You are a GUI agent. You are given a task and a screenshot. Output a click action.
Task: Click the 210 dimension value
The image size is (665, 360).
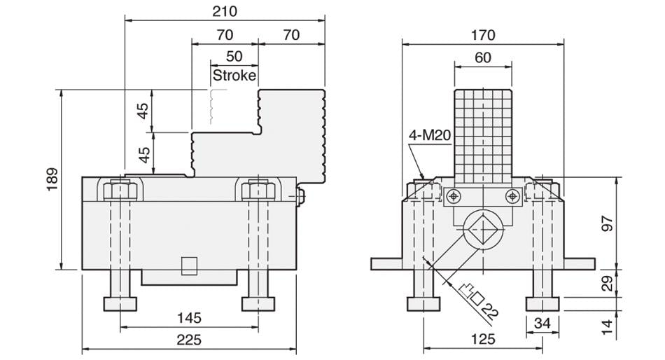pos(225,11)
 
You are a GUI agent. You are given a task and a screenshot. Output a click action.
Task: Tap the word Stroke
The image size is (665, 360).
pos(234,75)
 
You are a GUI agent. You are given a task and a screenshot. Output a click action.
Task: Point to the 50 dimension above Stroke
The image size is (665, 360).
pos(234,56)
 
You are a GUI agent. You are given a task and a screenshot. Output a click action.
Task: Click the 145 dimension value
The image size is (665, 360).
pos(188,318)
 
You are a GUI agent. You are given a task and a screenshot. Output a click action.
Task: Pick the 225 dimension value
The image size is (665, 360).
pos(188,340)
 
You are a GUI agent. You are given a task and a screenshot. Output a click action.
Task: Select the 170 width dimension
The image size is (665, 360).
pos(482,34)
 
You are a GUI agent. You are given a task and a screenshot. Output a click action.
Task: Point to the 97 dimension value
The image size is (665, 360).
pos(607,223)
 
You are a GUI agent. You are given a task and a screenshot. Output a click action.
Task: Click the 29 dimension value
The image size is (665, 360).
pos(607,283)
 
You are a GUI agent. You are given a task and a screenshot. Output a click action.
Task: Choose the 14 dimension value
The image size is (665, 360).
pos(607,325)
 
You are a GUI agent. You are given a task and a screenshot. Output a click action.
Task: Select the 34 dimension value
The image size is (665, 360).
pos(542,323)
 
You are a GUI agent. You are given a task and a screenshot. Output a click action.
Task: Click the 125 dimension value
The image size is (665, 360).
pos(482,340)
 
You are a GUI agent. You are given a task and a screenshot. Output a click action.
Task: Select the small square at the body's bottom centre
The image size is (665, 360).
pos(188,265)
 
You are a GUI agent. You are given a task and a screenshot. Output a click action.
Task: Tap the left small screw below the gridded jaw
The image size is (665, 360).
pos(454,195)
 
